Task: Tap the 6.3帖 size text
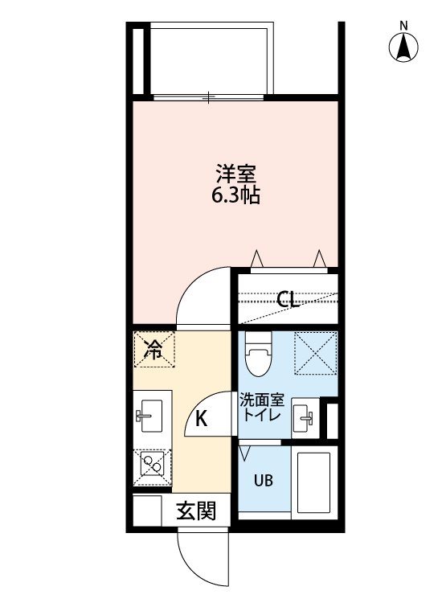(x=235, y=195)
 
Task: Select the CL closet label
(x=288, y=299)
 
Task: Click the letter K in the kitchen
(x=202, y=418)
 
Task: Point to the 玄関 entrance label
(x=196, y=511)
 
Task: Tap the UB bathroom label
(x=264, y=480)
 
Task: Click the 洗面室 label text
(x=262, y=400)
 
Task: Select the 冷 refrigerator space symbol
(x=154, y=349)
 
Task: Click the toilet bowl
(x=258, y=354)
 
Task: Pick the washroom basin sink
(x=305, y=418)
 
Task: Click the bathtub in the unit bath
(x=314, y=482)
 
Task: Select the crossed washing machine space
(x=316, y=352)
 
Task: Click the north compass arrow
(x=403, y=47)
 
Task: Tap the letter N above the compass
(x=403, y=27)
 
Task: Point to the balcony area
(x=211, y=59)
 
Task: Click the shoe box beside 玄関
(x=147, y=511)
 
